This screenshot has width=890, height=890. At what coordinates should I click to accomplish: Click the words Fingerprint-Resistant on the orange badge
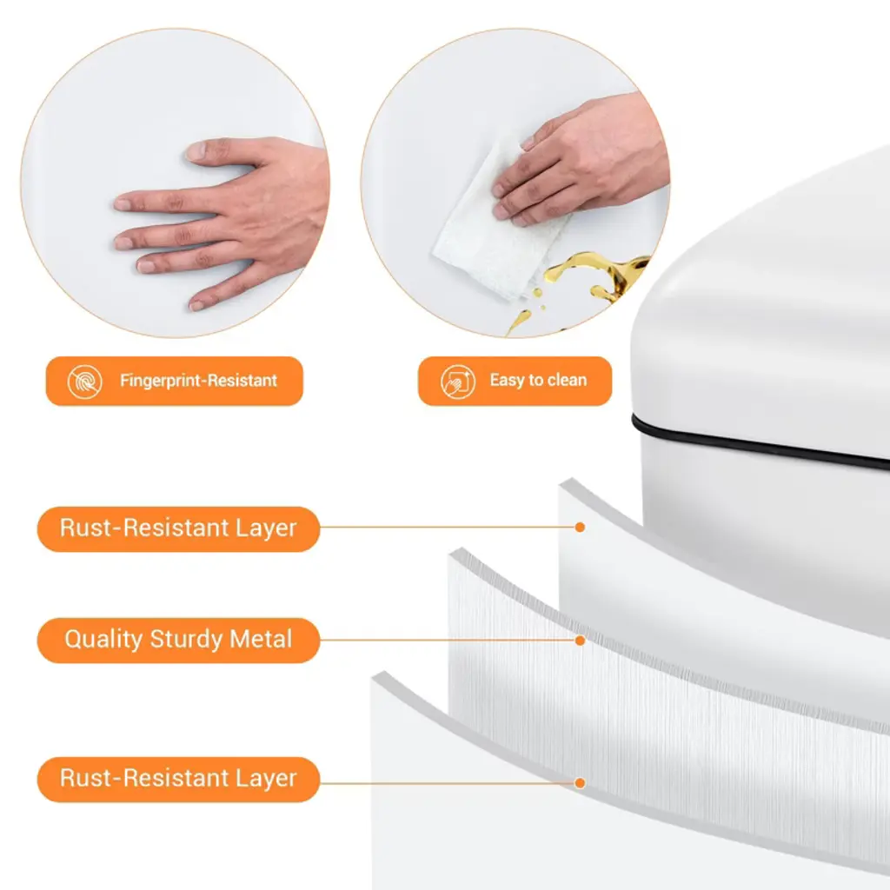pos(198,381)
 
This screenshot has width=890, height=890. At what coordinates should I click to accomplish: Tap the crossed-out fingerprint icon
pos(84,382)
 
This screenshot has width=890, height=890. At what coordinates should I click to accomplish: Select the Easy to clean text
pos(538,380)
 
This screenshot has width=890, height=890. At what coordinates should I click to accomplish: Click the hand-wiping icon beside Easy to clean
pos(457,382)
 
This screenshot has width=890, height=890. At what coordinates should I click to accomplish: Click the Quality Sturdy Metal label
pos(178,640)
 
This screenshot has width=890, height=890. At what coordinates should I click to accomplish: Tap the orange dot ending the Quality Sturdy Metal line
pos(580,641)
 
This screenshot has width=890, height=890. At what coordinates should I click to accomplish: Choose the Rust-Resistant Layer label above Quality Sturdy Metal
pos(178,528)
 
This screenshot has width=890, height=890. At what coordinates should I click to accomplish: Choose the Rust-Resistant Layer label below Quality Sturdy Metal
pos(178,779)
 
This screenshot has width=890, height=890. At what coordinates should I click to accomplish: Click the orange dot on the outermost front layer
pos(580,783)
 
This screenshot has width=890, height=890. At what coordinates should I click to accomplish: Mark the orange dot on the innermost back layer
pos(580,528)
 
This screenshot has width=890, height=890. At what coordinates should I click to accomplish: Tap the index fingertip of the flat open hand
pos(120,203)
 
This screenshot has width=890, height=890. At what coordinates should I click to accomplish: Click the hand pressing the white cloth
pos(579,164)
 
